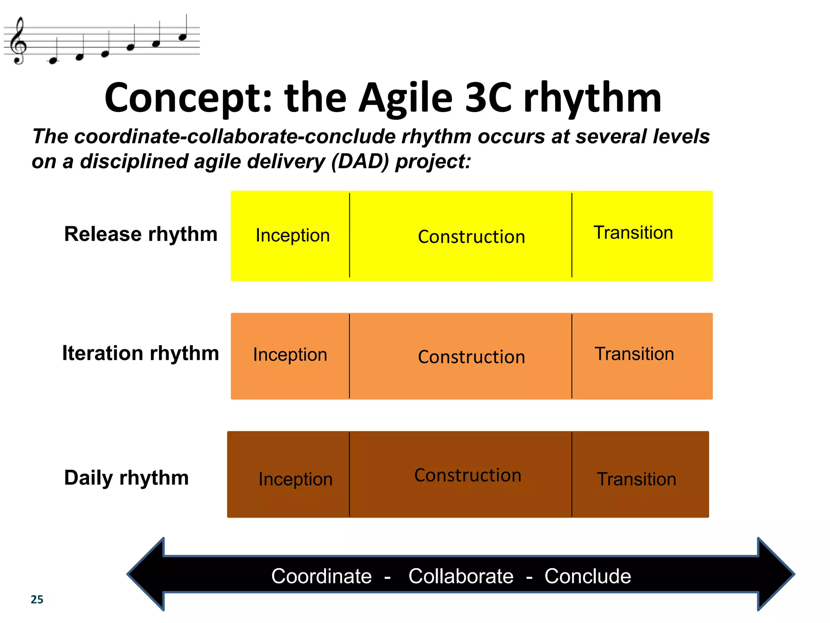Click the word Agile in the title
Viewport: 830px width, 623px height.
click(405, 98)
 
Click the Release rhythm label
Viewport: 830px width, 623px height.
click(141, 234)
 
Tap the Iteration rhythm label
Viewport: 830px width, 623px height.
click(140, 353)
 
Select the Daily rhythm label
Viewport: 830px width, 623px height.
click(126, 478)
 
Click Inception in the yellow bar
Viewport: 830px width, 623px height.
click(293, 236)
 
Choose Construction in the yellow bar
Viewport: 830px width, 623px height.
click(471, 237)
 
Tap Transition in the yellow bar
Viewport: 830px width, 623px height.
click(633, 233)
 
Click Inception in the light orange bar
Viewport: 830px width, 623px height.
click(290, 355)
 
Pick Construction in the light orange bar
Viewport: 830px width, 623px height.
click(471, 357)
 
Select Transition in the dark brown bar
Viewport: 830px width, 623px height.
click(636, 479)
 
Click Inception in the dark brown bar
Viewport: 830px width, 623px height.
click(295, 479)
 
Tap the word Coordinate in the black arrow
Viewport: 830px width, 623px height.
click(321, 576)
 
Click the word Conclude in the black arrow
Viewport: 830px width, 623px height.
click(588, 576)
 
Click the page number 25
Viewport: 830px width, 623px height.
click(37, 599)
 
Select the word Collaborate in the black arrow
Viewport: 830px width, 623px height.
click(461, 576)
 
